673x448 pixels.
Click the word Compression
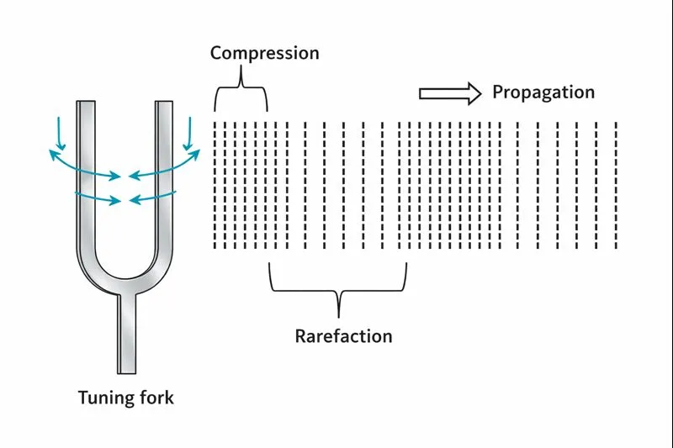click(x=264, y=53)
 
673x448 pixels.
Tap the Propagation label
click(x=543, y=92)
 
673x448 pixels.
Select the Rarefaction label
click(x=343, y=336)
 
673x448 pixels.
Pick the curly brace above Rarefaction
click(x=338, y=286)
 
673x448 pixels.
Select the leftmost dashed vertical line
click(x=215, y=185)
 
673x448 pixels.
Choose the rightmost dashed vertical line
click(x=617, y=185)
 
